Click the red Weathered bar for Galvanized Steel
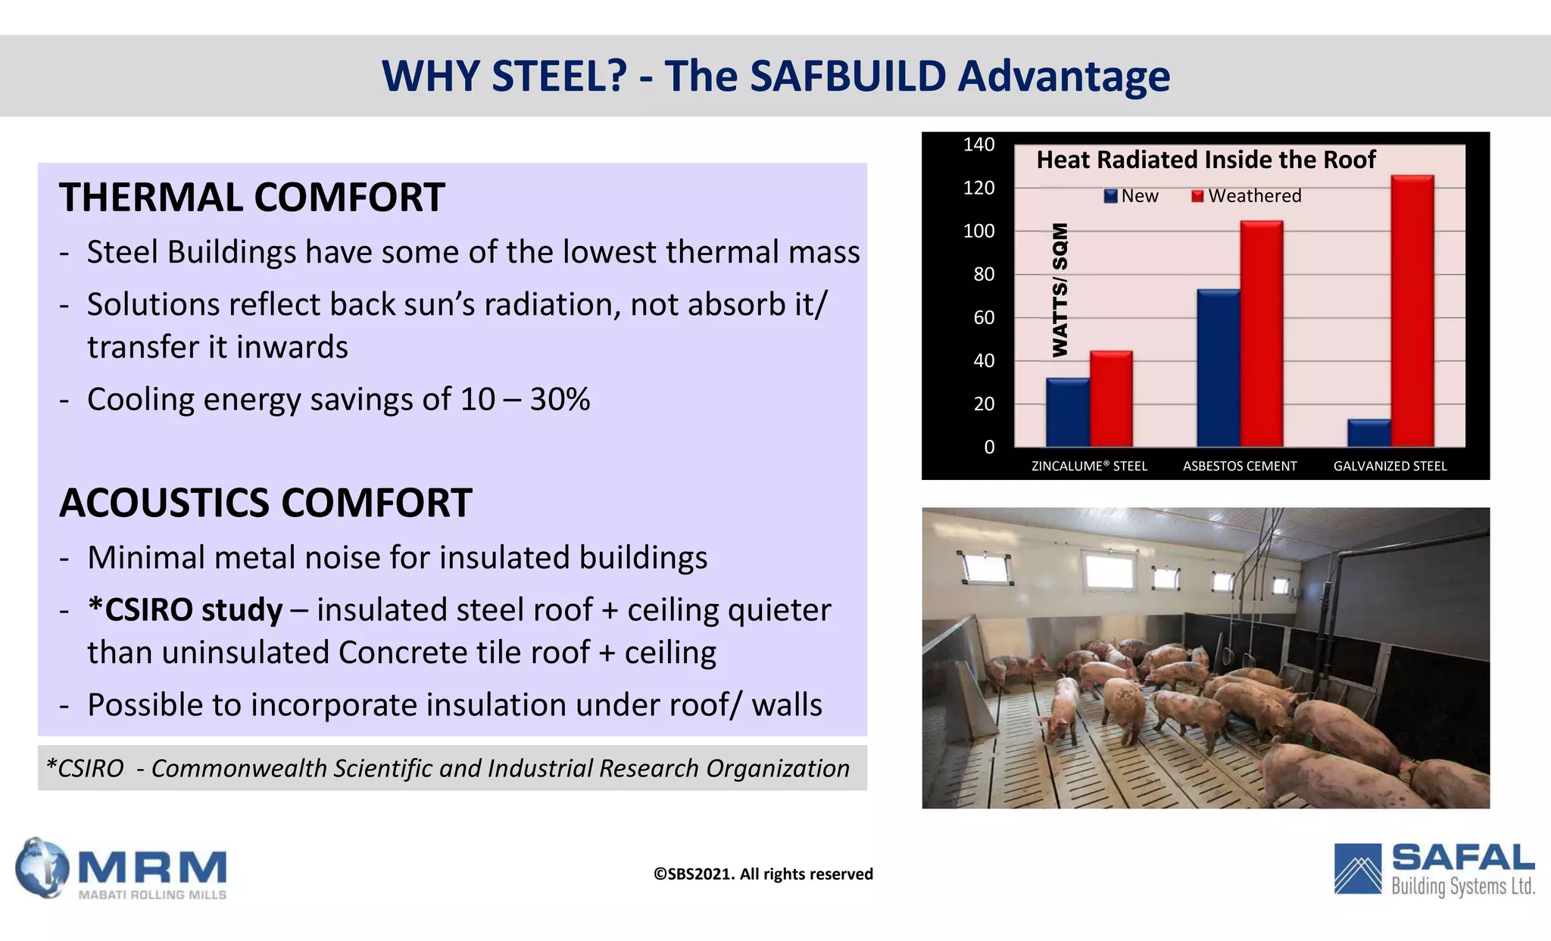pyautogui.click(x=1412, y=310)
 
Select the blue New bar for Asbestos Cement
pyautogui.click(x=1218, y=368)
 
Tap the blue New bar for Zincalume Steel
pyautogui.click(x=1067, y=413)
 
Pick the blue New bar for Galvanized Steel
pyautogui.click(x=1368, y=433)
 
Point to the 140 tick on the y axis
pyautogui.click(x=978, y=145)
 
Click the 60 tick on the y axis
pyautogui.click(x=983, y=318)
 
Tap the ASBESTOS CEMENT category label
pyautogui.click(x=1240, y=466)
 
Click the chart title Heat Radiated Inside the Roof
pyautogui.click(x=1206, y=160)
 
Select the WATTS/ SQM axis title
pyautogui.click(x=1060, y=289)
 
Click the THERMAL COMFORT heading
pyautogui.click(x=251, y=198)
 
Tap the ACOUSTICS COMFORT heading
pyautogui.click(x=265, y=503)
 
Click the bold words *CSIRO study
pyautogui.click(x=185, y=610)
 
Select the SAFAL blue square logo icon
pyautogui.click(x=1359, y=868)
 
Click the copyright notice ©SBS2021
pyautogui.click(x=763, y=874)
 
